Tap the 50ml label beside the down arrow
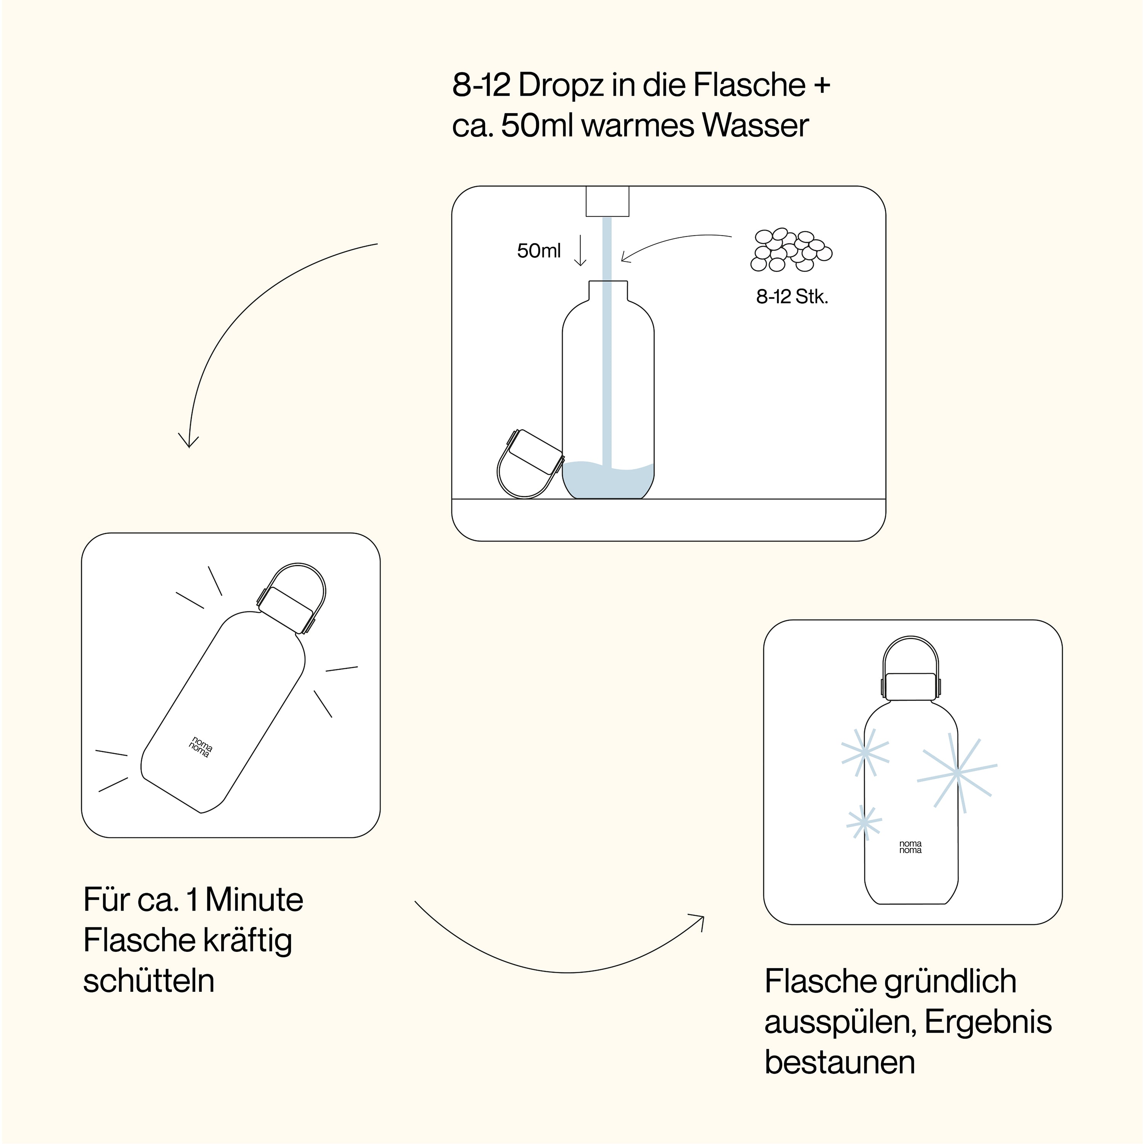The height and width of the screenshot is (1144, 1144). pyautogui.click(x=539, y=251)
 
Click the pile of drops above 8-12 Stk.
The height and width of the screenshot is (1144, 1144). pyautogui.click(x=791, y=250)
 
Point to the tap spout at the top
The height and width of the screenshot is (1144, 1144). pyautogui.click(x=607, y=201)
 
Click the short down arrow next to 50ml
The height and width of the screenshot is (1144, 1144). pyautogui.click(x=580, y=251)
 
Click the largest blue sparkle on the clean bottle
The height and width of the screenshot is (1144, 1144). pyautogui.click(x=956, y=773)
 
